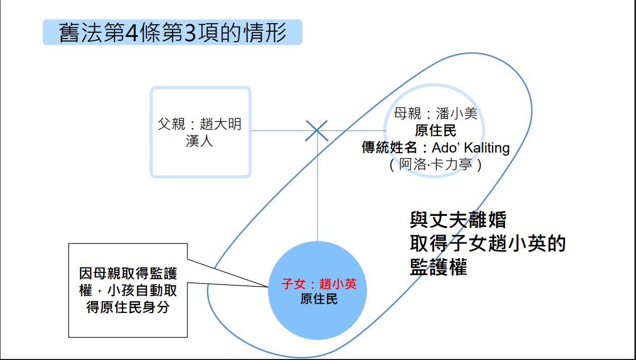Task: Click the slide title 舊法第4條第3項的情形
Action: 172,33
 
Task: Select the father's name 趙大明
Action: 221,124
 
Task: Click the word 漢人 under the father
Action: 199,141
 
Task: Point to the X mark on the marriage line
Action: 317,131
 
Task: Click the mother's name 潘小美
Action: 456,113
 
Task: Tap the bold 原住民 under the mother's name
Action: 436,130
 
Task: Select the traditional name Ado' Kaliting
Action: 471,147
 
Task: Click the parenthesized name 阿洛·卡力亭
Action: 436,165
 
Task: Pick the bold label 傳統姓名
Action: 389,147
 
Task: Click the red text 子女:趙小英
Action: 319,283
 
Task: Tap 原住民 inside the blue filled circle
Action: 319,299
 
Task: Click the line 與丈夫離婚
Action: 458,220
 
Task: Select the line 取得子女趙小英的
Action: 488,243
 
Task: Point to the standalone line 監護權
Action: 438,267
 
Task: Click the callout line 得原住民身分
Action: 128,307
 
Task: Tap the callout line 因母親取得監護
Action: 128,273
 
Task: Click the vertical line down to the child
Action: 317,186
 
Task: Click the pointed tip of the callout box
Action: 268,287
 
